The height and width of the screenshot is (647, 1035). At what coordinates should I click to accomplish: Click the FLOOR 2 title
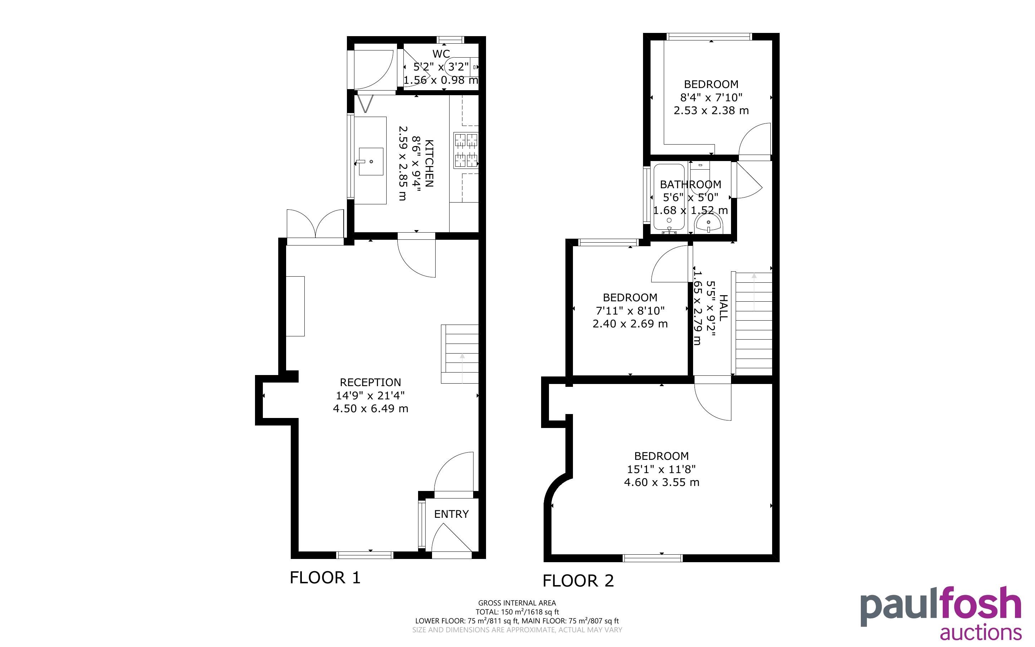coord(578,581)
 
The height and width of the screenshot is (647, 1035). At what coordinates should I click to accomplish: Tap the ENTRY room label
coord(451,514)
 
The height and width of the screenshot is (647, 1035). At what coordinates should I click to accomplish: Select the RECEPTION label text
coord(370,382)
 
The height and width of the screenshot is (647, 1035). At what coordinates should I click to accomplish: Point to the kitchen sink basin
coord(371,162)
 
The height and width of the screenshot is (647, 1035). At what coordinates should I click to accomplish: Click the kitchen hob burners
coord(466,150)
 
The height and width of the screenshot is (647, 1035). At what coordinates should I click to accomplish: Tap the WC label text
coord(441,54)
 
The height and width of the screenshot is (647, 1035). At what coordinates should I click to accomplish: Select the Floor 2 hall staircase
coord(753,323)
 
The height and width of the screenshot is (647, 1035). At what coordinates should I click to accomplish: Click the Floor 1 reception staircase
coord(460,354)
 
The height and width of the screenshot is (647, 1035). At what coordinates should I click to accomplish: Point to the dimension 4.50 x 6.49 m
coord(370,409)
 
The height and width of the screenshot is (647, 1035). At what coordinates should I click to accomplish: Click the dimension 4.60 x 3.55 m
coord(661,482)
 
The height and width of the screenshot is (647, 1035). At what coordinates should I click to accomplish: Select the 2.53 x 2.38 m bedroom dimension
coord(711,111)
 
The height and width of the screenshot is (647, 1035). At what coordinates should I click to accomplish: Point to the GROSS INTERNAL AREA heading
coord(517,603)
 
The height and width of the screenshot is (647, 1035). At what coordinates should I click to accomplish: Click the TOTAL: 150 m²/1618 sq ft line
coord(517,612)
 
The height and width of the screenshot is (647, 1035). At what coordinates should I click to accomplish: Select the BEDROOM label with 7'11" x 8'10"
coord(630,297)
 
